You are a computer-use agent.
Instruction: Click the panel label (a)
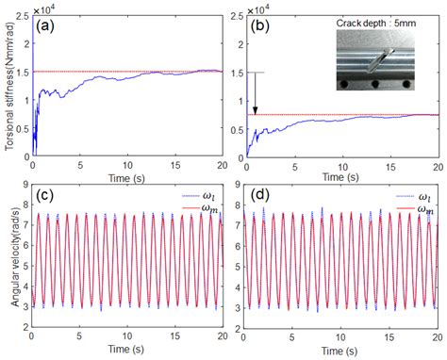pos(48,25)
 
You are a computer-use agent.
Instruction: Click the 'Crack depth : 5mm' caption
pos(382,21)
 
